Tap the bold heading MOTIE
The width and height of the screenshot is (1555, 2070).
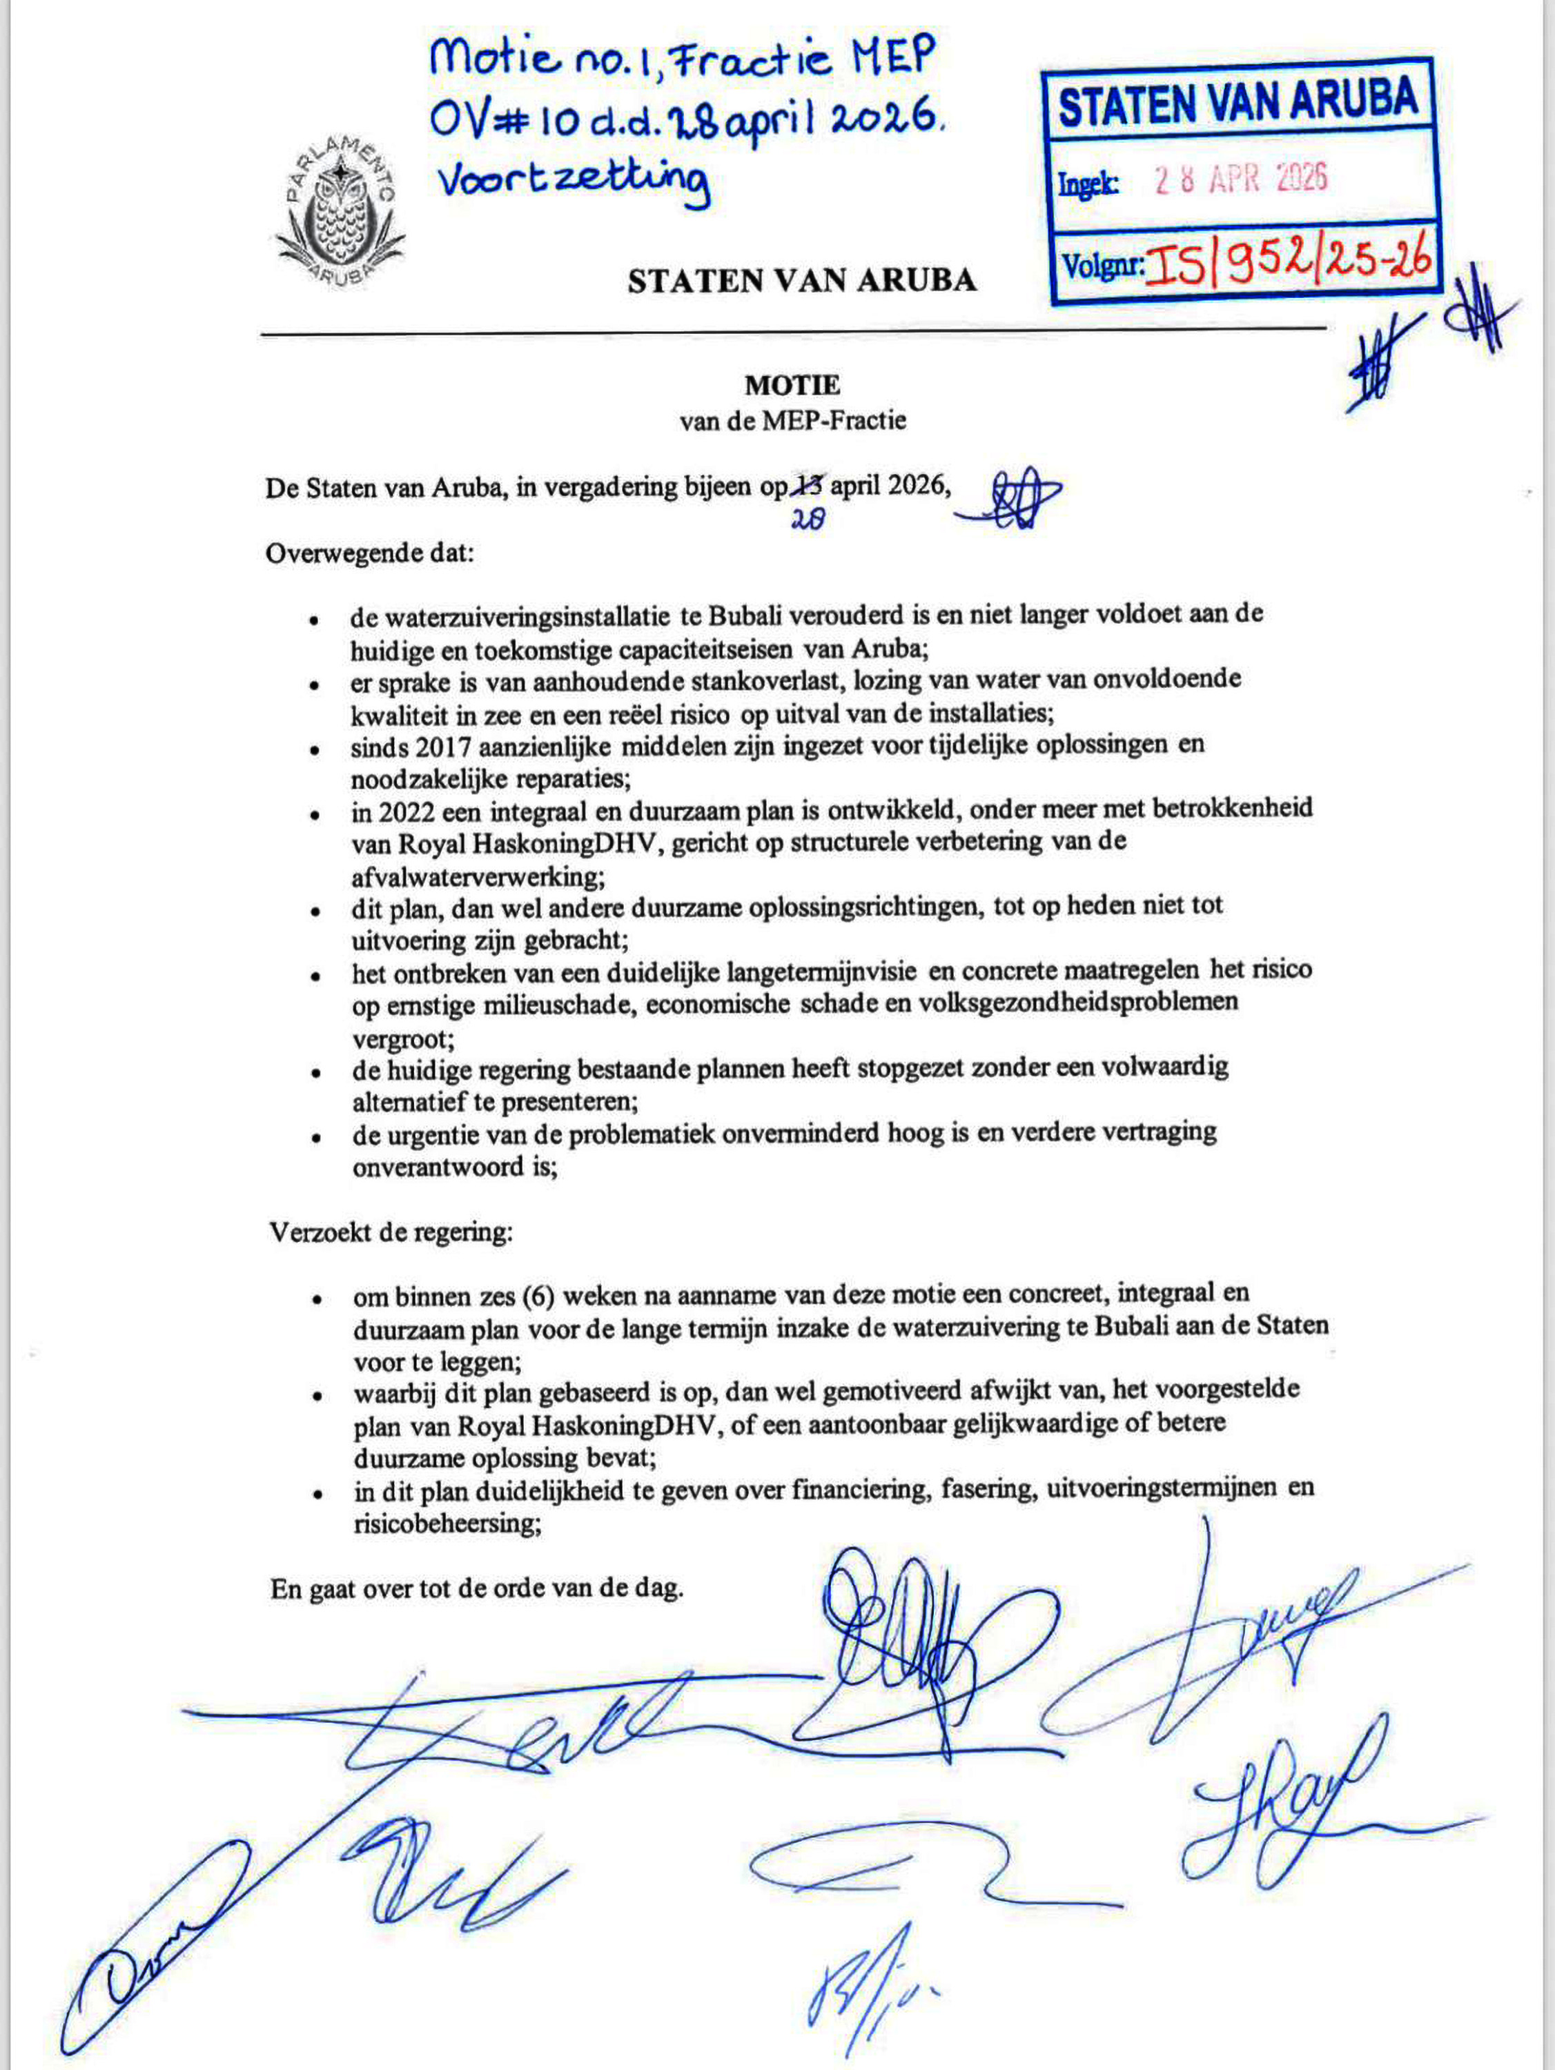[792, 384]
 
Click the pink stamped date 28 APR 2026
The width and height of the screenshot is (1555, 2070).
[1240, 178]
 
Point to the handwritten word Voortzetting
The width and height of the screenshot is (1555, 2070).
[574, 181]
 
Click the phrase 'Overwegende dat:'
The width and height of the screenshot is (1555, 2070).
[370, 553]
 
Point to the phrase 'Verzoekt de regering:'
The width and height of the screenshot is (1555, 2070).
[391, 1232]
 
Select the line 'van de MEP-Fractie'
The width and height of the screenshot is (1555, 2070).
[792, 420]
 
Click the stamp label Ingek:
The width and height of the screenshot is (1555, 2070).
[1088, 184]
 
